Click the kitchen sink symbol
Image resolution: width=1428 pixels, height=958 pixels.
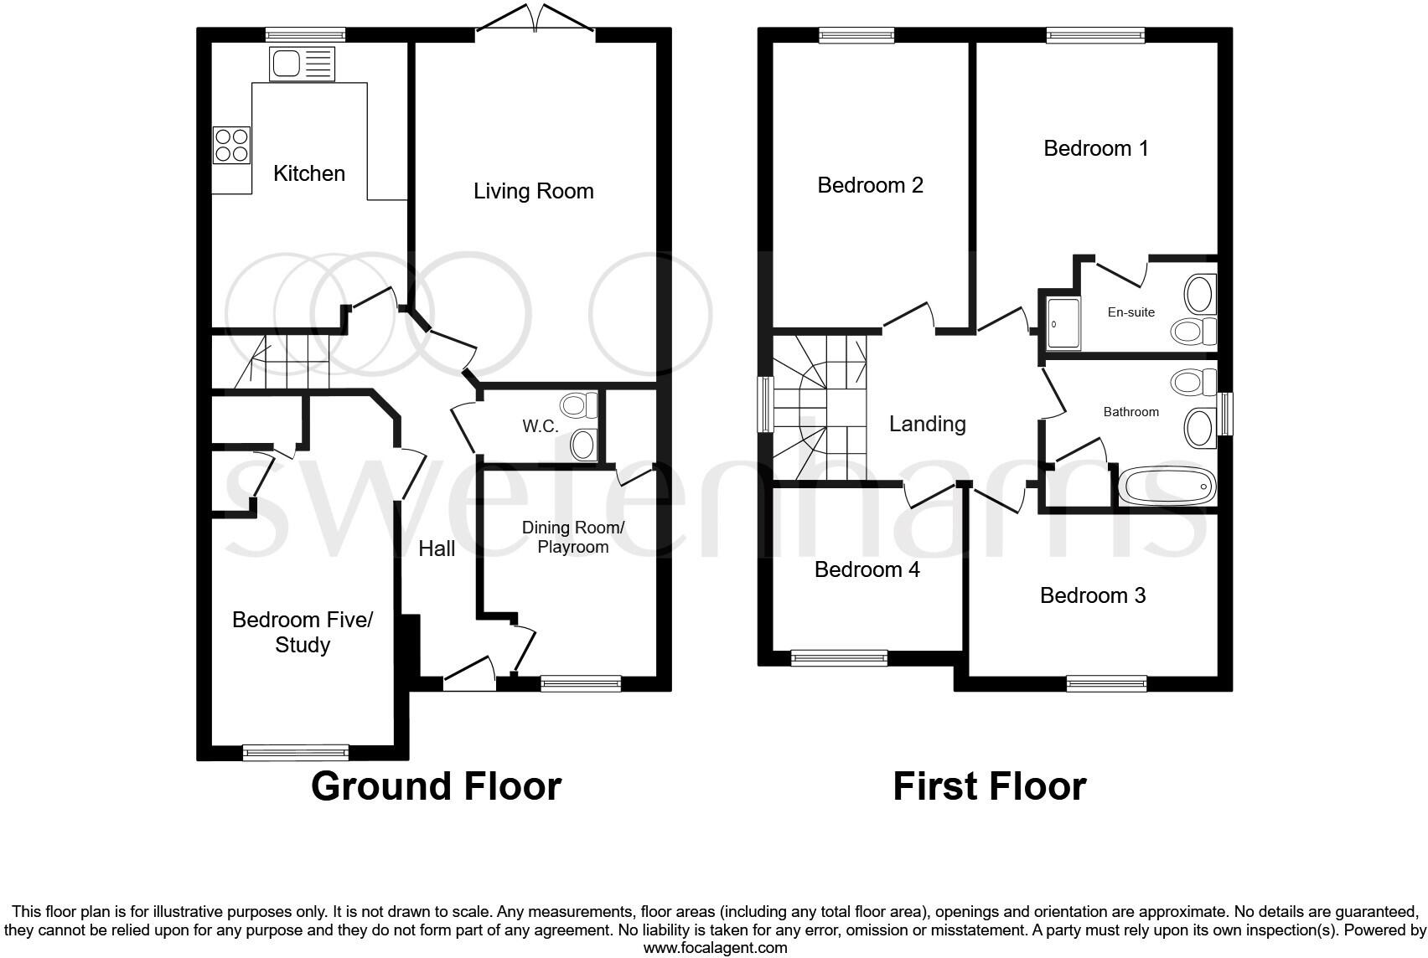(x=302, y=64)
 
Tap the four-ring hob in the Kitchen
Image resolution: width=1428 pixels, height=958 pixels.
(x=231, y=144)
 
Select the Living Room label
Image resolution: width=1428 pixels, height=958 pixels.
(x=533, y=191)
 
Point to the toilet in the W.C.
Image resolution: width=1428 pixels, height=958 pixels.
(x=578, y=406)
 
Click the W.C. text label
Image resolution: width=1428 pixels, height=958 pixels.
(x=541, y=426)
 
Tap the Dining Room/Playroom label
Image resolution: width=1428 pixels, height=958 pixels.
(x=573, y=537)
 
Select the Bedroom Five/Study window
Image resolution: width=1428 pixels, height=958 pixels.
(x=295, y=752)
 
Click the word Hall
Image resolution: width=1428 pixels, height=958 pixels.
(x=437, y=549)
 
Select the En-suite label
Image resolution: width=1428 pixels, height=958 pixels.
(x=1130, y=312)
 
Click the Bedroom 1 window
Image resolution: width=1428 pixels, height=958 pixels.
(x=1094, y=35)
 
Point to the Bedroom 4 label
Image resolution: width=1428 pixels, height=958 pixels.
(x=867, y=569)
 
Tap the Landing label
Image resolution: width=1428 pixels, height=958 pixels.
(x=927, y=424)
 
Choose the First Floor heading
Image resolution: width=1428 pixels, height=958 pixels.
(x=989, y=786)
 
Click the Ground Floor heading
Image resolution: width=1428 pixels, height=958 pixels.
(x=436, y=786)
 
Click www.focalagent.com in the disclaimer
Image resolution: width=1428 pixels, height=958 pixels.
(x=715, y=948)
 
